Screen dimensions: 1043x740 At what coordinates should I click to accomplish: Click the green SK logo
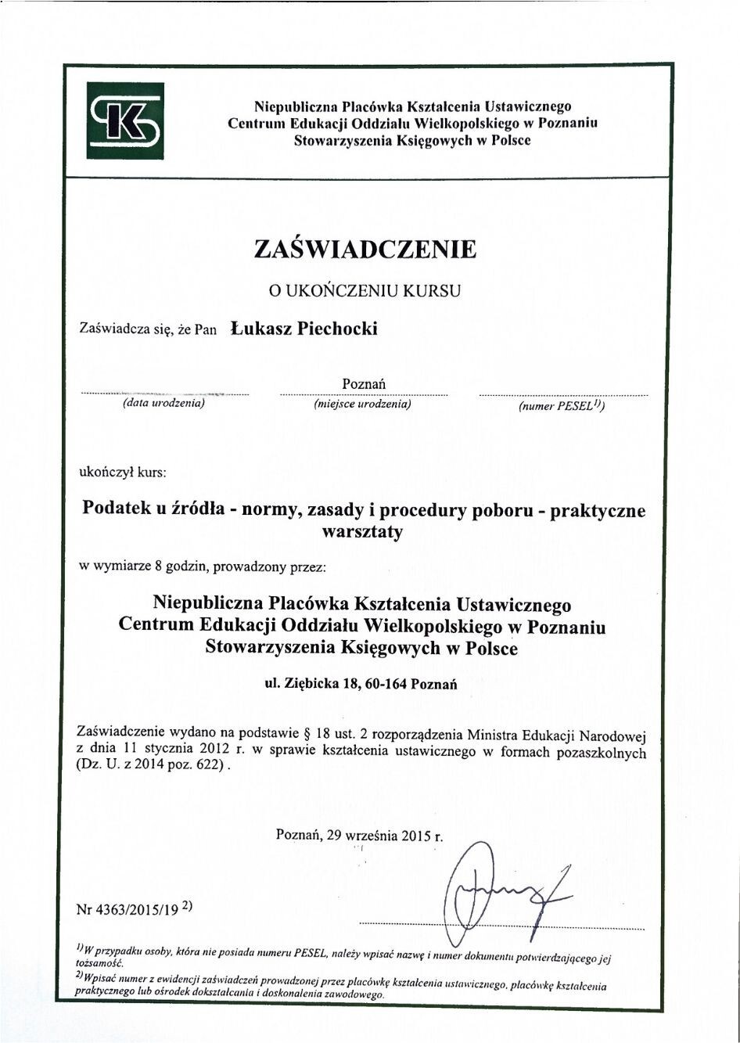125,120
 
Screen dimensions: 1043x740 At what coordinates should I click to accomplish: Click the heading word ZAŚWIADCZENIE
365,249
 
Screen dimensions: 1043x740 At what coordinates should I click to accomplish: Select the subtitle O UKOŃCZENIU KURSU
365,290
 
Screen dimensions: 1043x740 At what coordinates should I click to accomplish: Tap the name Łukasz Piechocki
304,329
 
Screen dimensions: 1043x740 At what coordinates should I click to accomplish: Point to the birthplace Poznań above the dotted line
364,383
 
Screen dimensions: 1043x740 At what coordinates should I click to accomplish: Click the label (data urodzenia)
163,404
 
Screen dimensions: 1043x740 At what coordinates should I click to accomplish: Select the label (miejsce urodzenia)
362,405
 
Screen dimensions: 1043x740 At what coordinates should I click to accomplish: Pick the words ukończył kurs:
123,473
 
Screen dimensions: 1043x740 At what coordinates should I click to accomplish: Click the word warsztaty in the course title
362,532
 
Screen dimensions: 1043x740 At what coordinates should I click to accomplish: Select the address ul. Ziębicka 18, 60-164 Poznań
361,683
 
